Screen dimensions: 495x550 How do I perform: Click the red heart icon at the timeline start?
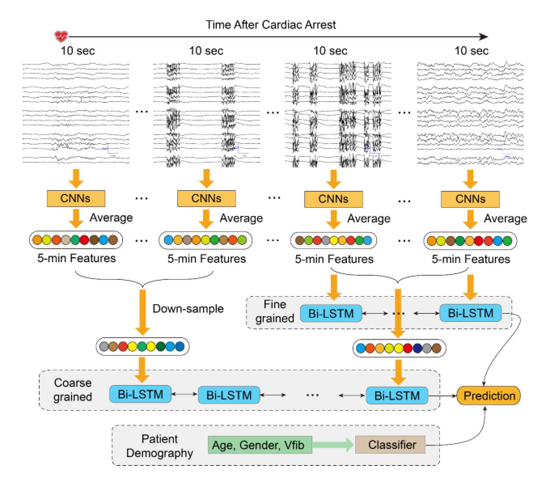[x=61, y=36]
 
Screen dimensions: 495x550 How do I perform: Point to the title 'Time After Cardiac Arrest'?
[x=271, y=25]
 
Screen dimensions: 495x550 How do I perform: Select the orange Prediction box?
[x=489, y=396]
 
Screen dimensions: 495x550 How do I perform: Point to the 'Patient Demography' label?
[x=160, y=446]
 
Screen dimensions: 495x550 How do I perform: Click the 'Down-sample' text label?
[x=188, y=309]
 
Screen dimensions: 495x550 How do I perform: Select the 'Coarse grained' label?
[x=73, y=389]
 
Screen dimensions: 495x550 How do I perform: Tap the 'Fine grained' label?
[x=275, y=311]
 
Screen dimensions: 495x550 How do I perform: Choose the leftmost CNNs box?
[x=76, y=198]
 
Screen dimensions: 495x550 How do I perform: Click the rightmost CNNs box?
[x=470, y=199]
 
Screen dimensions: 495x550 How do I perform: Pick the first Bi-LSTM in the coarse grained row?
[x=140, y=394]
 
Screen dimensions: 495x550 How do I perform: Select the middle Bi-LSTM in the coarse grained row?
[x=229, y=395]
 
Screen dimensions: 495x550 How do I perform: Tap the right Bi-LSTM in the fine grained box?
[x=470, y=313]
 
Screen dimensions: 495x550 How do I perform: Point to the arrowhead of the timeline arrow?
[x=484, y=37]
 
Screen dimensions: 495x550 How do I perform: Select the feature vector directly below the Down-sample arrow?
[x=142, y=347]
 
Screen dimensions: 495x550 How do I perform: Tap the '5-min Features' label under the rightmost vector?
[x=471, y=259]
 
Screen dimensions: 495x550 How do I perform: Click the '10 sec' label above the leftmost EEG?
[x=78, y=51]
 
